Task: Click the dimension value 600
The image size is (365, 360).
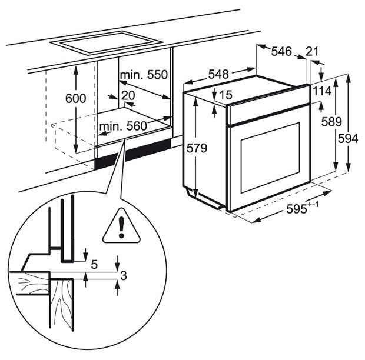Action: [76, 98]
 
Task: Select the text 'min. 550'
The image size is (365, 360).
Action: [144, 75]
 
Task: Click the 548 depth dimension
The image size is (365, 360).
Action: [218, 75]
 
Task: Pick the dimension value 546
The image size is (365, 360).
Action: [281, 52]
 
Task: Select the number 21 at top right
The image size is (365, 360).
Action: [313, 52]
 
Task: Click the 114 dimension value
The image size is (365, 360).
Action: [321, 92]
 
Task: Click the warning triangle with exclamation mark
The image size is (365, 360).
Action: [122, 226]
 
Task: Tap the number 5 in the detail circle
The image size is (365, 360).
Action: [95, 265]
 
